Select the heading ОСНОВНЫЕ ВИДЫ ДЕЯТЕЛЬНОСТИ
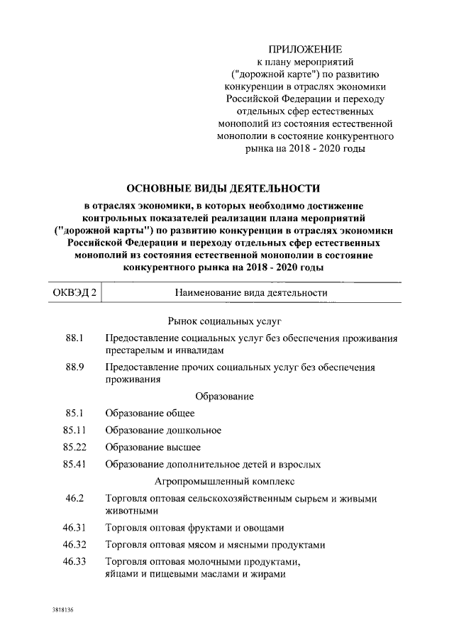[223, 189]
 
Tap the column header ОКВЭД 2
[75, 292]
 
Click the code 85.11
[74, 430]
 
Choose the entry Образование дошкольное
[163, 430]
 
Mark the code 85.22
[74, 447]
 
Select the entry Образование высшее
[153, 447]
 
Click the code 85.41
[74, 465]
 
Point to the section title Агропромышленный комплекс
[224, 482]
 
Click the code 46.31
[74, 528]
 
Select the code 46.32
[74, 545]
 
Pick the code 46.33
[74, 562]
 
